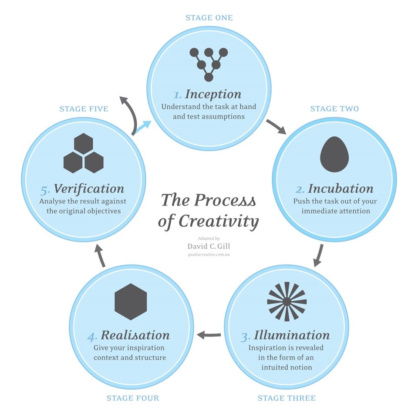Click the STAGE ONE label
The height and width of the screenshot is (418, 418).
tap(209, 18)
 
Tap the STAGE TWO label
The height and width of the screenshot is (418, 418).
tap(334, 108)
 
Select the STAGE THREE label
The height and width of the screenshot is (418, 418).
tap(287, 398)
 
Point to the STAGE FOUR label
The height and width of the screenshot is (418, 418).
tap(133, 398)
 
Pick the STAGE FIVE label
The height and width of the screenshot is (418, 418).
tap(84, 108)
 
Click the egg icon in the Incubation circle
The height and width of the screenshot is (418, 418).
tap(334, 154)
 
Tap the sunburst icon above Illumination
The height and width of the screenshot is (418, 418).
tap(287, 301)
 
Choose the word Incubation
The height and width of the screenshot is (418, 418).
tap(340, 189)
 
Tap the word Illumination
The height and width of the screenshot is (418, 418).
tap(292, 336)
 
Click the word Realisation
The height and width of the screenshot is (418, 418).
tap(135, 336)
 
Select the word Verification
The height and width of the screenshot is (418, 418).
tap(89, 189)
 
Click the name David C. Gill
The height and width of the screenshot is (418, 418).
tap(209, 246)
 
